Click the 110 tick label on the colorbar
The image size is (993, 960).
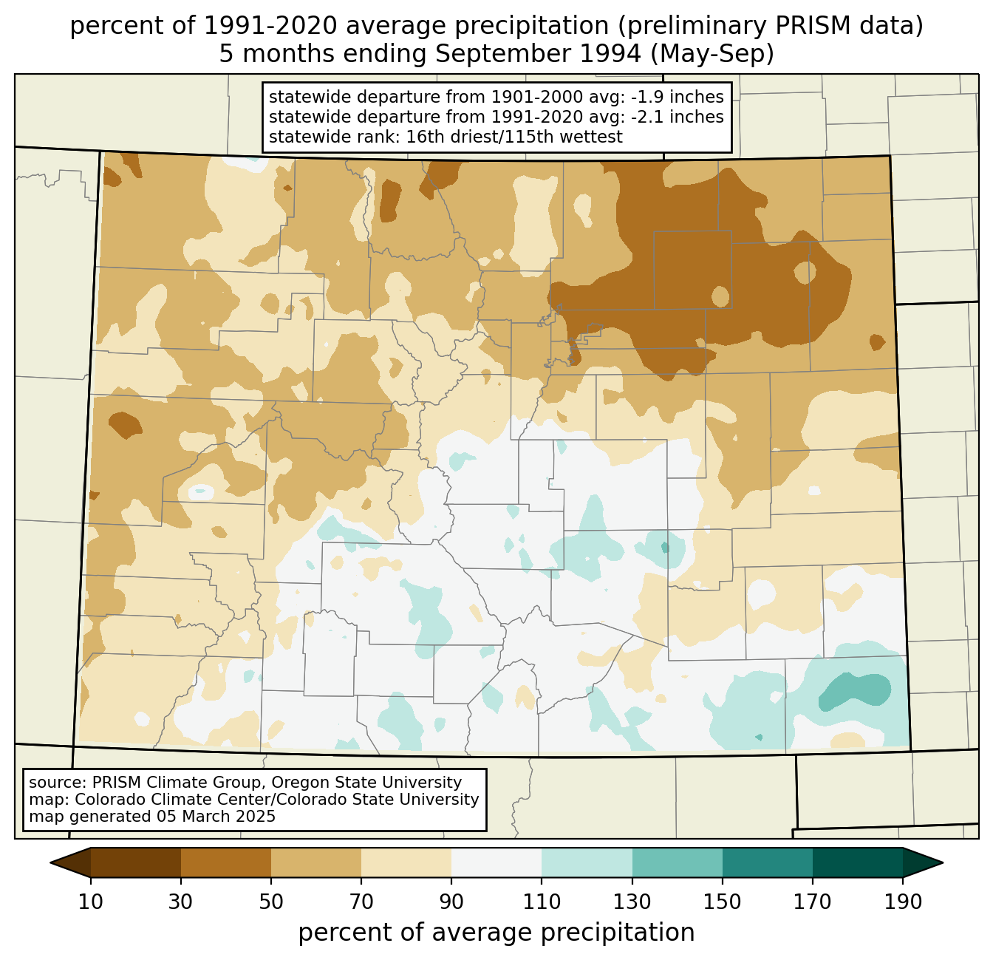pyautogui.click(x=542, y=902)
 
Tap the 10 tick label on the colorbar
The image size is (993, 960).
pyautogui.click(x=91, y=902)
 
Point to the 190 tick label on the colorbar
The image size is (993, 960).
pyautogui.click(x=903, y=902)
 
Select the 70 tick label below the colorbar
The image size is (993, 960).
pyautogui.click(x=361, y=902)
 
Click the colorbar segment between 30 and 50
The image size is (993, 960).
pyautogui.click(x=226, y=862)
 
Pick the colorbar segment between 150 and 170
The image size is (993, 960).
pyautogui.click(x=768, y=862)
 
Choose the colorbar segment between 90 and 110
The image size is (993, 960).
pyautogui.click(x=496, y=862)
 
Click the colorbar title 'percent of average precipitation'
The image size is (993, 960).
pyautogui.click(x=496, y=933)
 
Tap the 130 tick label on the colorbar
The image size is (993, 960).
pyautogui.click(x=632, y=902)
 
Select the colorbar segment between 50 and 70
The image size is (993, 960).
pyautogui.click(x=316, y=862)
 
